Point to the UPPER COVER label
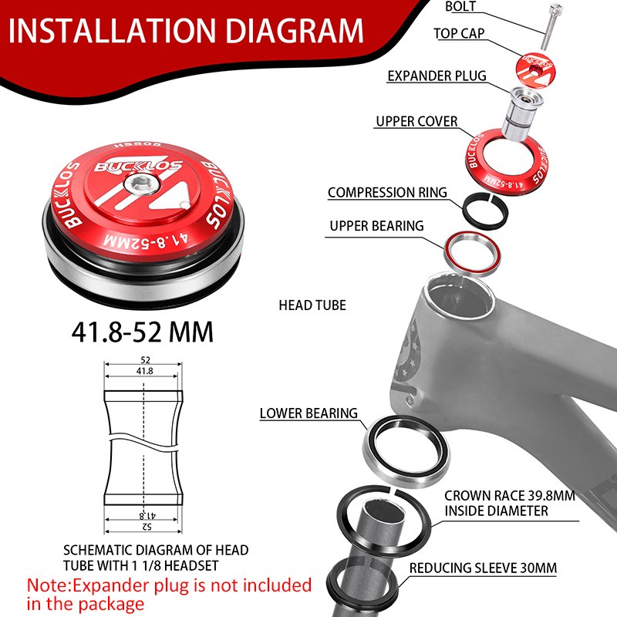416,121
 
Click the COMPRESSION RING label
386,192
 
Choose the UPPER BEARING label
376,226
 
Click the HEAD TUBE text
312,305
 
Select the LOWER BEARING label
308,413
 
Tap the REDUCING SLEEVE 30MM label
483,568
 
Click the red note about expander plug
169,594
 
